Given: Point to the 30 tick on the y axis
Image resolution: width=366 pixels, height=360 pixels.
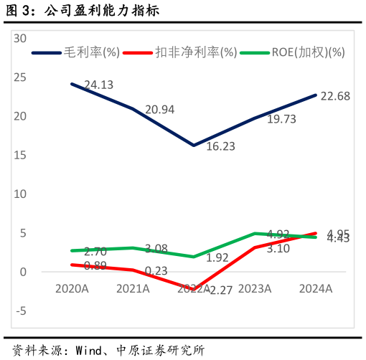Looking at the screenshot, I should click(20, 38).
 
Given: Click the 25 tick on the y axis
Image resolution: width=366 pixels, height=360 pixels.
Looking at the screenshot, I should click(20, 77).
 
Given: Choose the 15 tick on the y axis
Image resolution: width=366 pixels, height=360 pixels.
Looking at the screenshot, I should click(20, 155).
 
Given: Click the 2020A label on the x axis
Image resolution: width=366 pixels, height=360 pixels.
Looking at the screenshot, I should click(72, 288).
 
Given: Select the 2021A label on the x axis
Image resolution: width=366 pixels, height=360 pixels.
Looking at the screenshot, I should click(133, 288).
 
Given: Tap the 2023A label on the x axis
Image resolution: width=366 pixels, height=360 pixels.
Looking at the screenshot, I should click(255, 288).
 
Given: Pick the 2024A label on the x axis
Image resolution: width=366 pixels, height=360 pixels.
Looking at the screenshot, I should click(316, 288).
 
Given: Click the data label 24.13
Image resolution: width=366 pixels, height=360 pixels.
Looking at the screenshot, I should click(99, 85).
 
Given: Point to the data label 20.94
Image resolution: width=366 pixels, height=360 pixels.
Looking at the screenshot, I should click(159, 110).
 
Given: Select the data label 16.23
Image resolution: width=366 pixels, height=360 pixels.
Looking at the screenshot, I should click(220, 146).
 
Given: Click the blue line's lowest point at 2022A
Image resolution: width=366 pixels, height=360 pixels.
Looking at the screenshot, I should click(194, 145).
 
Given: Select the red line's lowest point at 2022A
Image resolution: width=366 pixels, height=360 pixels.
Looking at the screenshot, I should click(194, 289).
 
